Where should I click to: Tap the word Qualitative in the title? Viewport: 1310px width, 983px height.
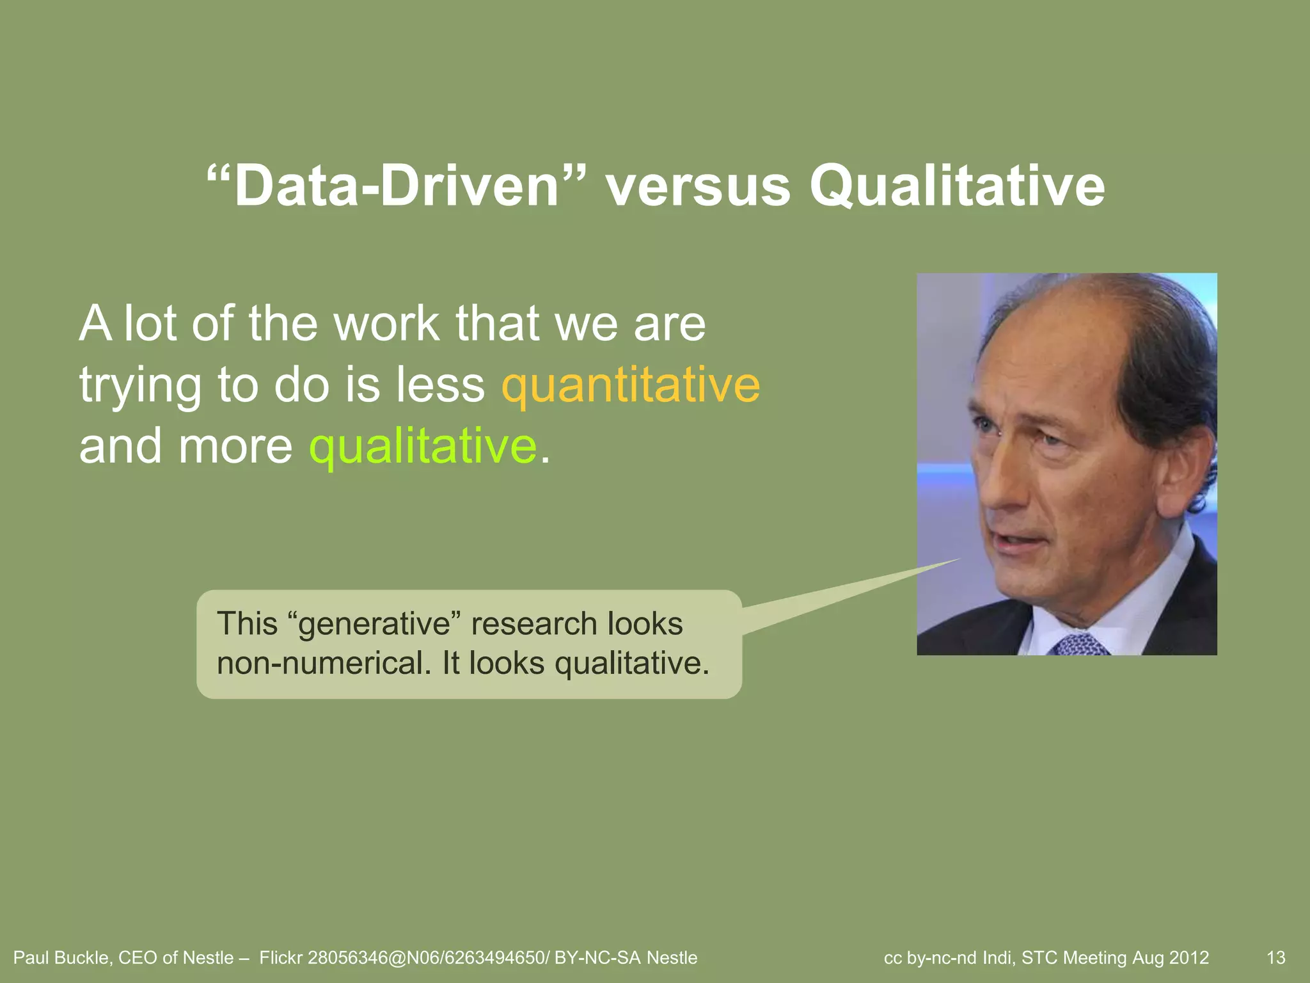point(957,186)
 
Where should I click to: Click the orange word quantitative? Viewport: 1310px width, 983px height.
point(631,385)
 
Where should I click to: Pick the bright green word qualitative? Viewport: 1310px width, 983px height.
point(423,446)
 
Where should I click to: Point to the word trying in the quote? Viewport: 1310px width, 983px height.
point(140,387)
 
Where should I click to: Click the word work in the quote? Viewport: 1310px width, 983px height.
point(386,324)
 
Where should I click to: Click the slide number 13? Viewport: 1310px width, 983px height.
point(1276,958)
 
